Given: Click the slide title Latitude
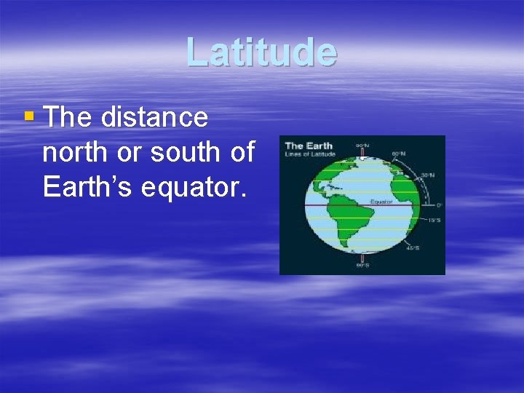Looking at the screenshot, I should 261,52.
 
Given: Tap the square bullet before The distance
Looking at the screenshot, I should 28,116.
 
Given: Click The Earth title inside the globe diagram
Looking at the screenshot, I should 309,146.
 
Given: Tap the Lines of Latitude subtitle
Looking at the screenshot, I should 311,154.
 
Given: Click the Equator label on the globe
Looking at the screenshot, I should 381,201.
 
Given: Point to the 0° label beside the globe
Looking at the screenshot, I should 438,205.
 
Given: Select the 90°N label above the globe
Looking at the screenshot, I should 362,146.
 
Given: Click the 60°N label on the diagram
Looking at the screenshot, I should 400,154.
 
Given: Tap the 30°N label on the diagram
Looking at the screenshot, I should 429,175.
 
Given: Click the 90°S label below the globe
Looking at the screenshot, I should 362,266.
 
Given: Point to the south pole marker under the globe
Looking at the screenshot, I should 362,257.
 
